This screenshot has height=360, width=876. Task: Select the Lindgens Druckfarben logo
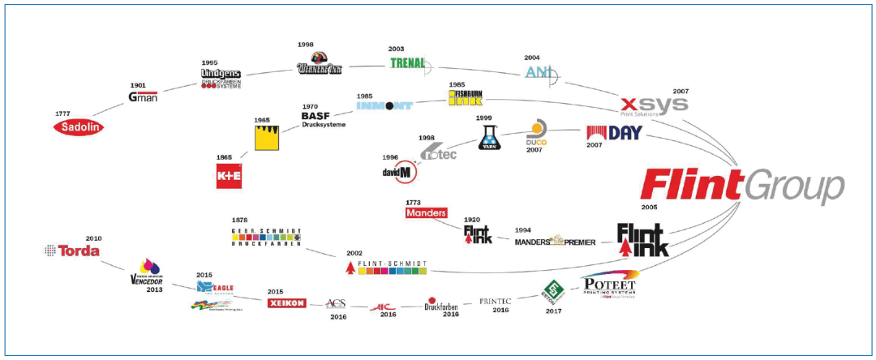click(221, 78)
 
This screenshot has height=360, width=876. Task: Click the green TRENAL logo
click(409, 62)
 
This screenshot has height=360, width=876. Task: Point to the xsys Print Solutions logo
click(654, 105)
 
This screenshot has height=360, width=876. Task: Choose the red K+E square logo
click(230, 175)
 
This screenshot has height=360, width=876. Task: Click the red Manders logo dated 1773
click(426, 213)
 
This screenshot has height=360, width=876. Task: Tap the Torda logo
click(72, 251)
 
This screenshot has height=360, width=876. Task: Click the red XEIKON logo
click(286, 303)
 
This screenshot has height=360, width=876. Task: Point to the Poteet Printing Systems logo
click(612, 286)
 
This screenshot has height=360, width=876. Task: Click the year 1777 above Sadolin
click(64, 113)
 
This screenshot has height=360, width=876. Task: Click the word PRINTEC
click(495, 300)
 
